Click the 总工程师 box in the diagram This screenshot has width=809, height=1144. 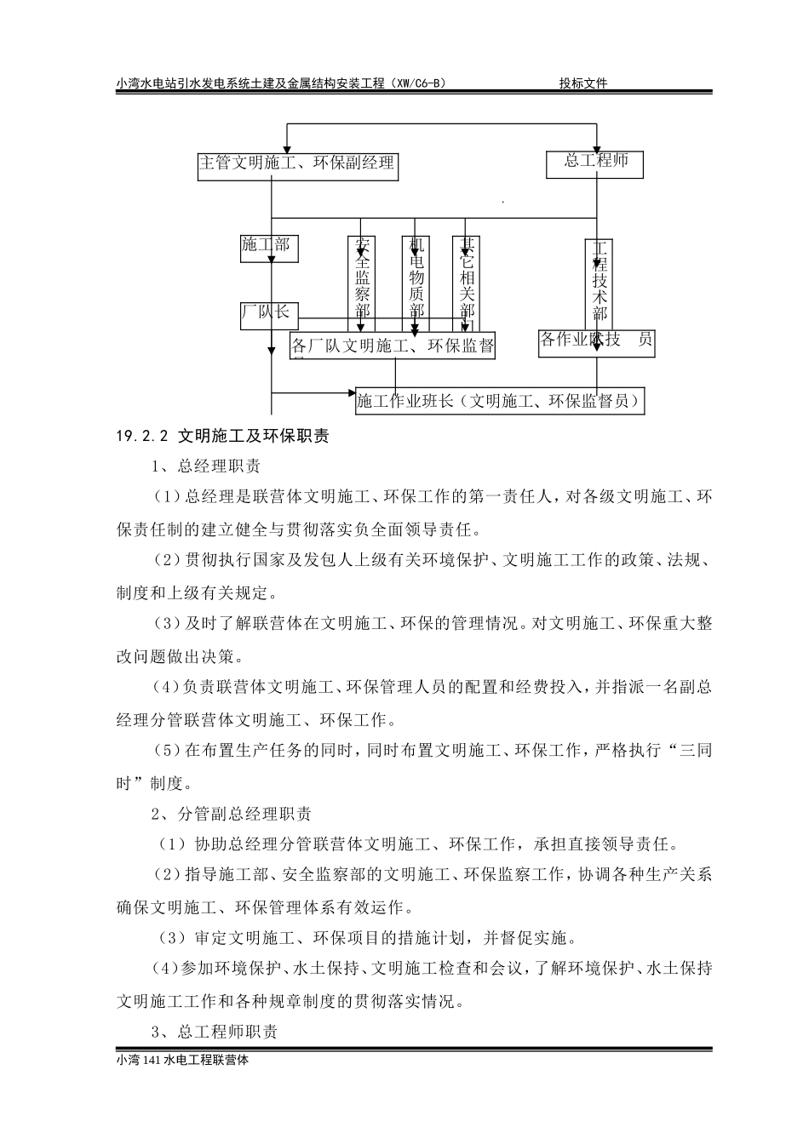(594, 163)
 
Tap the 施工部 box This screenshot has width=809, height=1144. (266, 247)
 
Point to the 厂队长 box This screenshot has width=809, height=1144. (266, 312)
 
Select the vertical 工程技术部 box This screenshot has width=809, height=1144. (599, 281)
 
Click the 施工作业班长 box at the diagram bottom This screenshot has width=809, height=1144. (499, 401)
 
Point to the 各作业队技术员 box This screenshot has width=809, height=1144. (596, 341)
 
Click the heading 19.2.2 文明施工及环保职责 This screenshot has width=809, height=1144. (222, 437)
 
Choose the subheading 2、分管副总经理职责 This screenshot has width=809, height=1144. (232, 814)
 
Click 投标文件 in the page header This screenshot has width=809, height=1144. (583, 83)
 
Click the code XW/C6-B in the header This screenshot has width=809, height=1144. (416, 83)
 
